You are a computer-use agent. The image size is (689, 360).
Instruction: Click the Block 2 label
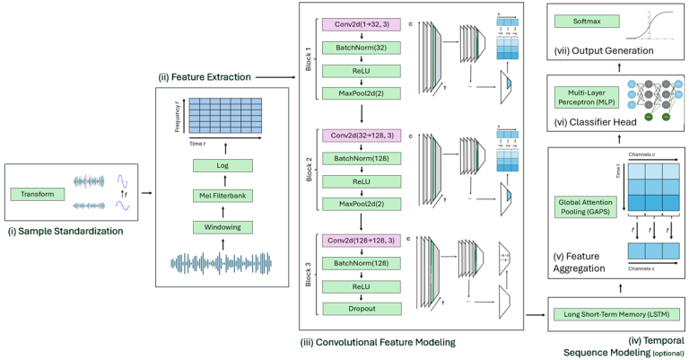click(x=310, y=169)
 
